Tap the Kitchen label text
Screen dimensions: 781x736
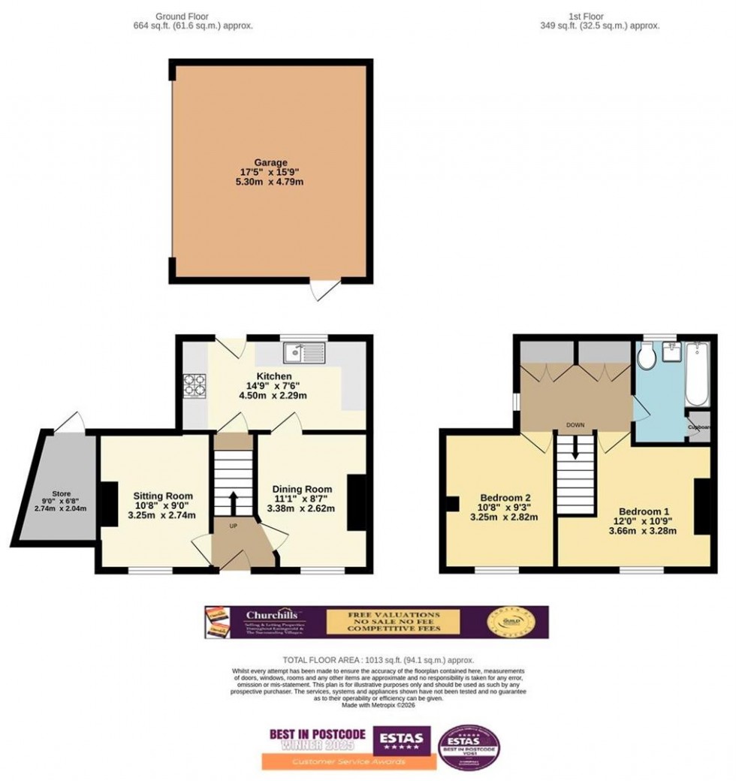click(x=273, y=375)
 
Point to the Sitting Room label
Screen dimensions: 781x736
click(x=163, y=496)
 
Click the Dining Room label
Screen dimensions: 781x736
click(x=302, y=489)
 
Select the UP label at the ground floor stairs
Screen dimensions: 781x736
click(x=233, y=526)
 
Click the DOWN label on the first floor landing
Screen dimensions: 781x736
click(x=575, y=425)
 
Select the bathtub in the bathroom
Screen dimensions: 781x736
click(x=697, y=372)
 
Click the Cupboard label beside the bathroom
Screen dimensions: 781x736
click(x=698, y=425)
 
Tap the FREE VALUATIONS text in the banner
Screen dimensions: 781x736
click(x=394, y=614)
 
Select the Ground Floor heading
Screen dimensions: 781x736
click(x=182, y=15)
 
